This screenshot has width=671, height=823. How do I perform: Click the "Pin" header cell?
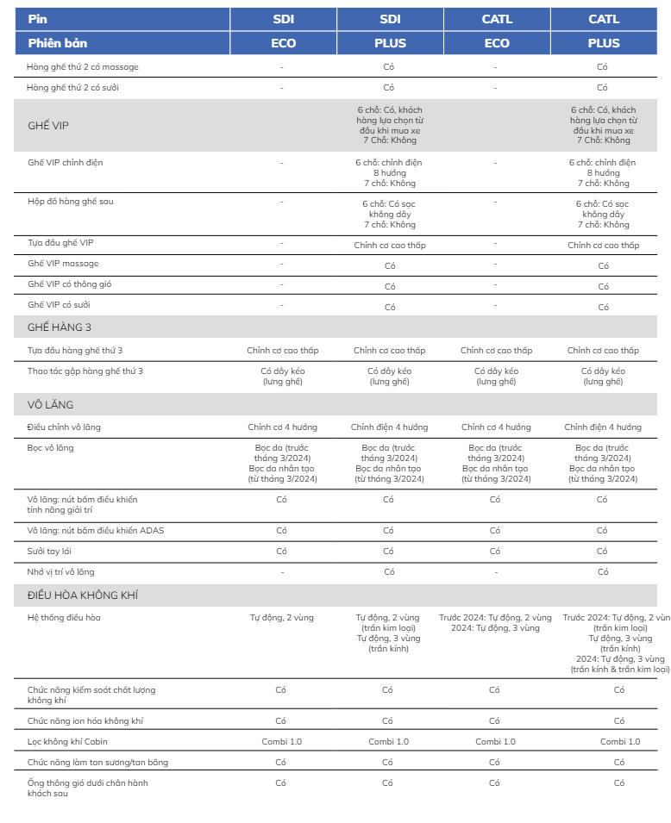pos(37,19)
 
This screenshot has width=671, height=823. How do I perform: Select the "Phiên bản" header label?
pos(57,43)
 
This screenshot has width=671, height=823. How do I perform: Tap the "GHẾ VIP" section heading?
pos(48,126)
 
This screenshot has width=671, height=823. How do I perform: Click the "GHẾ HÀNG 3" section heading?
pos(60,327)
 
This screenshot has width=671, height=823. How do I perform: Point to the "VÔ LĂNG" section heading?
pos(51,404)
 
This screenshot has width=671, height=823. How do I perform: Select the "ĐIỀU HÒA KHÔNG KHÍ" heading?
pos(83,595)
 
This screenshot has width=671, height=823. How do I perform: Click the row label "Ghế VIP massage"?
pos(63,264)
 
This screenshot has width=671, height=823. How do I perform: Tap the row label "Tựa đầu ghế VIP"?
pos(60,243)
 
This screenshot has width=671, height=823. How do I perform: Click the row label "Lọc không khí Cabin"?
pos(67,741)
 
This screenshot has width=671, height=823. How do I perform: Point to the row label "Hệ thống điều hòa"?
pos(65,618)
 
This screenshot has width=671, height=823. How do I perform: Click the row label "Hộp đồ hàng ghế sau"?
pos(71,202)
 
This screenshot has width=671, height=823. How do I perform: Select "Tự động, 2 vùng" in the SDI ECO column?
pos(281,618)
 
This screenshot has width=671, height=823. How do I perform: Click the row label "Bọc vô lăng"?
pos(50,447)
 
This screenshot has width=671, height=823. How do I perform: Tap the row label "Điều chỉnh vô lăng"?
pos(65,427)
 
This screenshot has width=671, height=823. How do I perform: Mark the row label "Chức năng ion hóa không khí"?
pos(85,720)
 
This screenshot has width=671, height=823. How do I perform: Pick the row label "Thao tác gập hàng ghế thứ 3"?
pos(85,371)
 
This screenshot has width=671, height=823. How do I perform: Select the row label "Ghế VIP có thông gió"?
pos(70,284)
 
